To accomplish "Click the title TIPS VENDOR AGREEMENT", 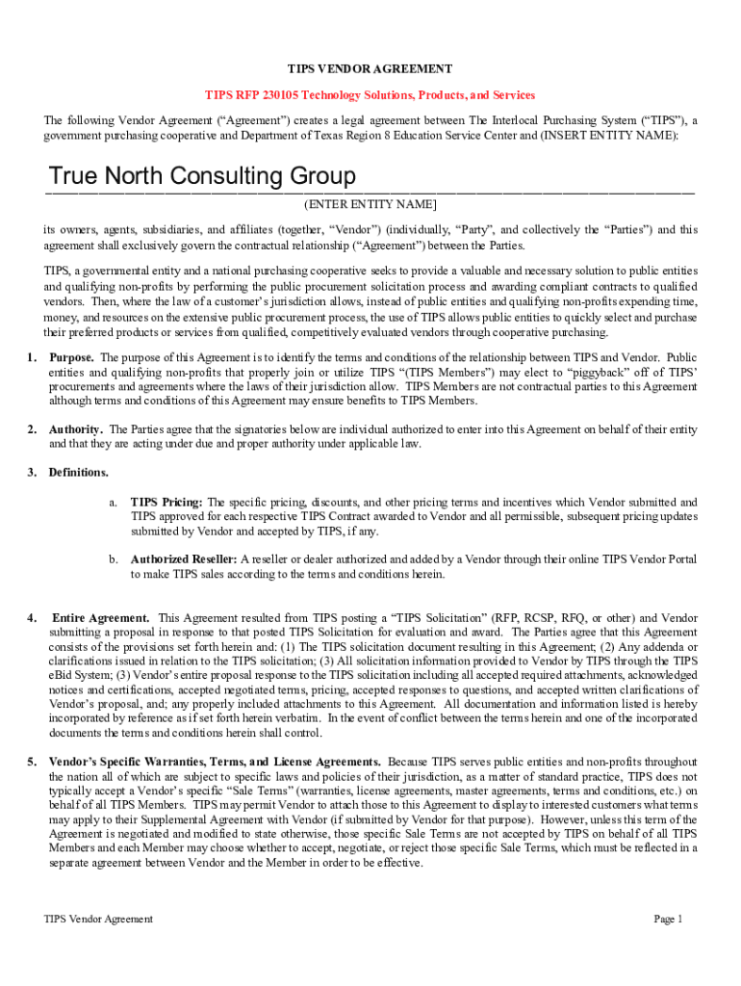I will coord(370,69).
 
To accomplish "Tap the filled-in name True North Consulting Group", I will coord(202,177).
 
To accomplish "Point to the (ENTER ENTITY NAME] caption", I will coord(370,205).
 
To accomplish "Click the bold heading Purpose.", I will coord(71,357).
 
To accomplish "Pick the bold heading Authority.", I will coord(77,429).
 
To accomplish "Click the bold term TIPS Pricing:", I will coord(166,503).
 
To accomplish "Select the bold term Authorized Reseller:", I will coord(184,559).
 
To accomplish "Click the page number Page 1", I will coord(668,920).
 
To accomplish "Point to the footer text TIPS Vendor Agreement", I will coord(98,920).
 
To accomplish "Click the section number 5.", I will coord(33,762).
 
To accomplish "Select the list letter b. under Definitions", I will coord(114,559).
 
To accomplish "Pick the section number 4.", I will coord(33,617).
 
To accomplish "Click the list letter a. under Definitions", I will coord(114,503).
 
